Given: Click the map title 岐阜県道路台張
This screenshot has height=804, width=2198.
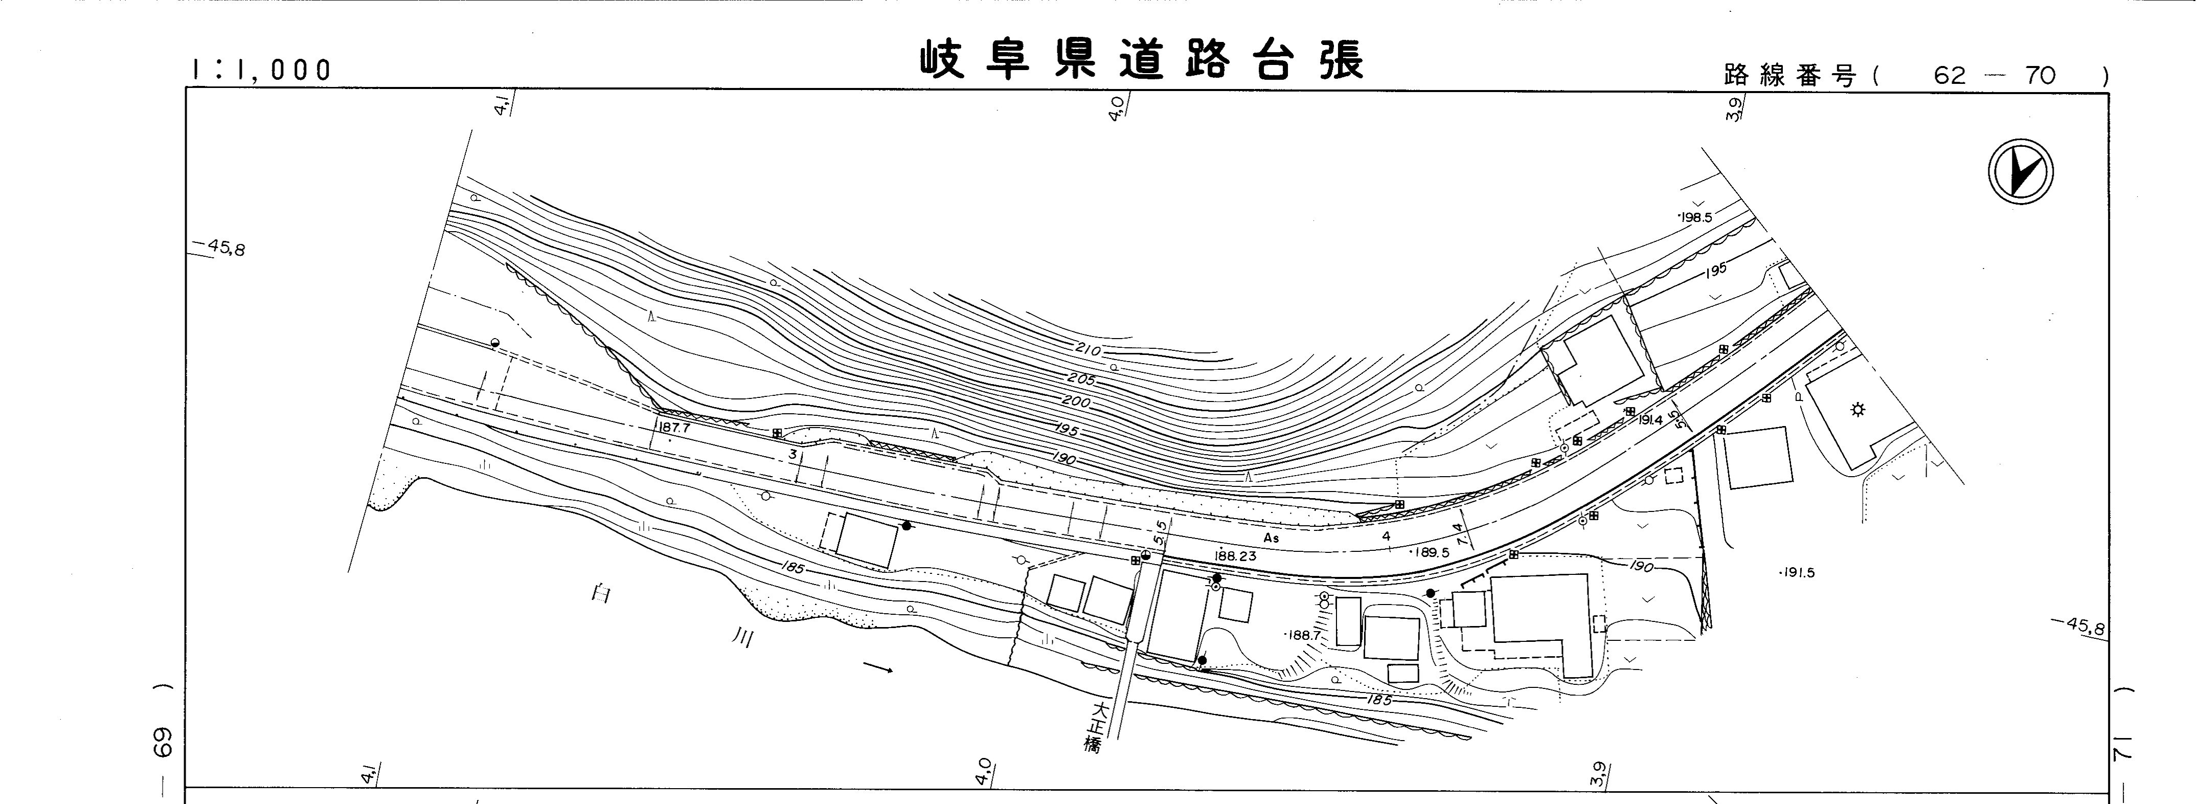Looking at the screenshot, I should click(1142, 60).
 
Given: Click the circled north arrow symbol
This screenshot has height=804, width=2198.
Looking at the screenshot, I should click(2020, 171).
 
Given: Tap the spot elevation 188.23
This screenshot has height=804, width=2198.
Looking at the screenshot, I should click(1236, 555).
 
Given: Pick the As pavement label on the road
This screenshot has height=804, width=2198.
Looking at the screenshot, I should click(1272, 539).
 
